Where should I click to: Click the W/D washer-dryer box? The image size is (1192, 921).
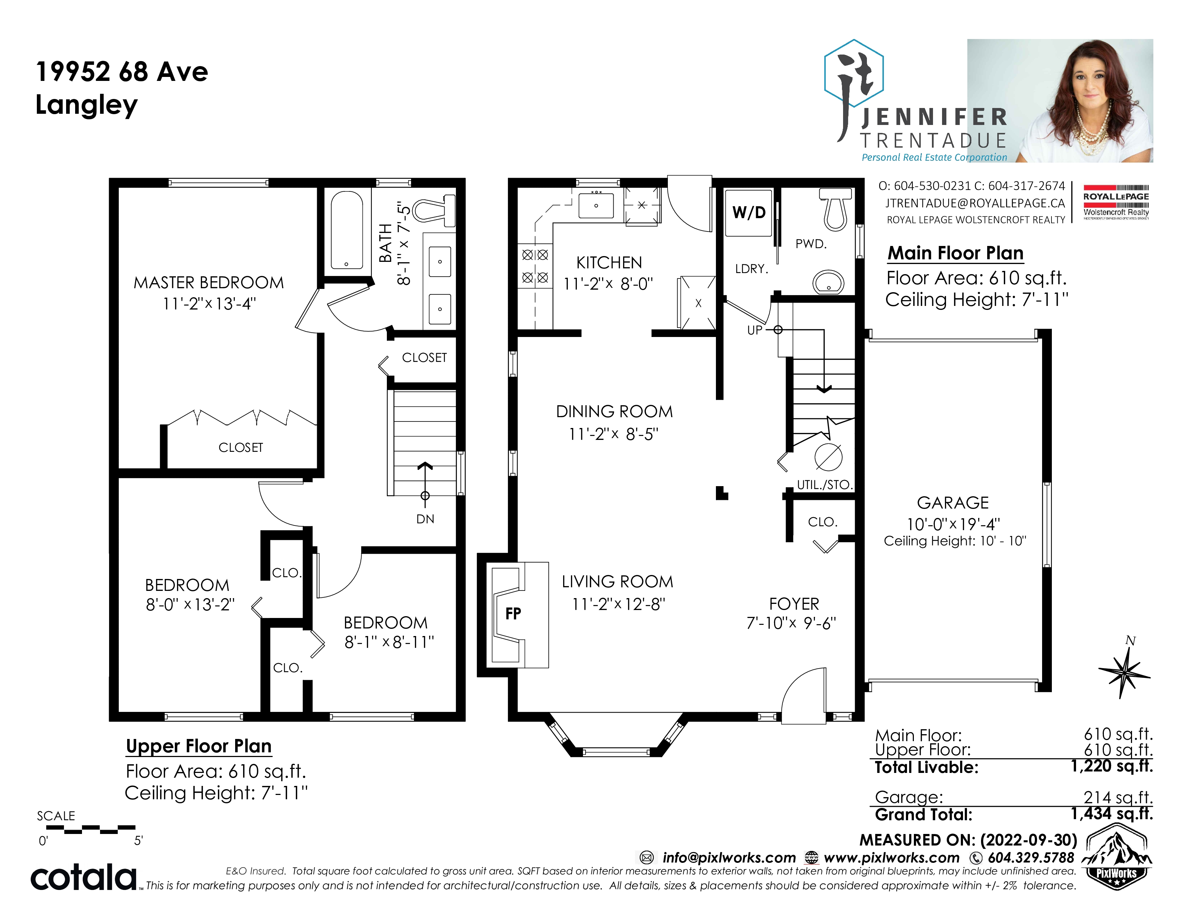click(748, 213)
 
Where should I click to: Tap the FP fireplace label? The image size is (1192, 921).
click(513, 614)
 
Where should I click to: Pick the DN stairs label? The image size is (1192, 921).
click(425, 519)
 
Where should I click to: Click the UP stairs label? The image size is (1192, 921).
click(755, 330)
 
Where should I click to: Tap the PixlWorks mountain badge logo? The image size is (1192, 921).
click(1116, 857)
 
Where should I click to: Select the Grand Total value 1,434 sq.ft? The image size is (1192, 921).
click(1112, 813)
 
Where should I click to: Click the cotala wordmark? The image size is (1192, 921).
click(83, 877)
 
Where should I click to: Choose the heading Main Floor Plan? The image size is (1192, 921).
click(955, 253)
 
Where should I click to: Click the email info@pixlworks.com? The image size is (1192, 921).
click(729, 858)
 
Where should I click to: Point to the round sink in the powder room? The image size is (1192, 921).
click(829, 282)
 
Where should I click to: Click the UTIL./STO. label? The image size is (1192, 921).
click(824, 484)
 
